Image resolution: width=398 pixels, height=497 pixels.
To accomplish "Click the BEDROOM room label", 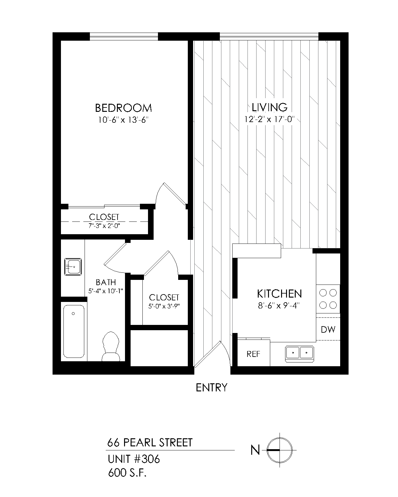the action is pos(123,108).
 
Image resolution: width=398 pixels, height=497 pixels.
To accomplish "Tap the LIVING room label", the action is pos(269,107).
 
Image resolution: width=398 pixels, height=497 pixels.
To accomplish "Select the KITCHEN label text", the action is pos(279,294).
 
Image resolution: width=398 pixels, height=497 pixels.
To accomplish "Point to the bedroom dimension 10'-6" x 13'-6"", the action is pos(123,120).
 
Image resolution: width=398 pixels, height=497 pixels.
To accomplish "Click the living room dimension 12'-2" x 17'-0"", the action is pos(269,119).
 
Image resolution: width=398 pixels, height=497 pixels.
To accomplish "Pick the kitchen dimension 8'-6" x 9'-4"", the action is pos(279,306).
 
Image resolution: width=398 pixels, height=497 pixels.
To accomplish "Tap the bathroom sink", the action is pos(73,267).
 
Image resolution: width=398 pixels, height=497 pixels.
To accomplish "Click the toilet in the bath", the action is pos(111,346).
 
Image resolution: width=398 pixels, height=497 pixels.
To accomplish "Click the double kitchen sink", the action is pos(299,353).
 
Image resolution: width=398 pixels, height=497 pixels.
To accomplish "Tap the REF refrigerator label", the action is pos(253,354).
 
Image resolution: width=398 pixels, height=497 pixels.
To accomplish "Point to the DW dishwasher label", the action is pos(328,330).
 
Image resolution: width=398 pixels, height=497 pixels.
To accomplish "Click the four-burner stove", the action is pos(328,299).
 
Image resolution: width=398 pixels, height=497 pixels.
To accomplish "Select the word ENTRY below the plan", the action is pos(212,388).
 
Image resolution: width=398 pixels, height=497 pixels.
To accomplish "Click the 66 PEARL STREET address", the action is pos(150,443).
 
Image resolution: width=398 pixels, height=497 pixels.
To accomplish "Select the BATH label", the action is pos(106,282).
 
